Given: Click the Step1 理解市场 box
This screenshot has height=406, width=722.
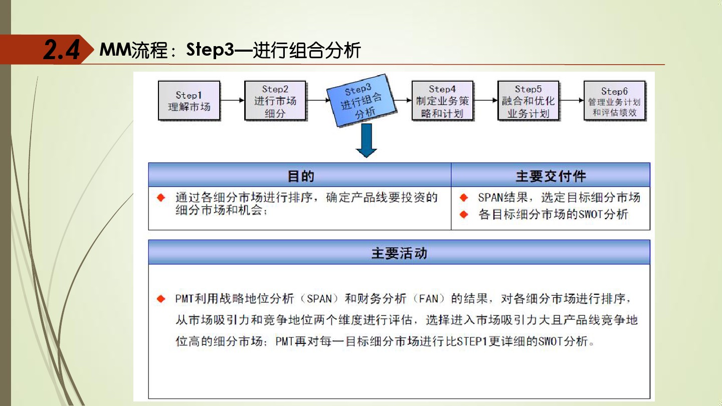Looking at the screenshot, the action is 189,101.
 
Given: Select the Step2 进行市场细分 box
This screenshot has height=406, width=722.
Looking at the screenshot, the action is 275,101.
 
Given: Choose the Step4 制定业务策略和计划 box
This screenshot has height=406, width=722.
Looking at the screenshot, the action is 442,101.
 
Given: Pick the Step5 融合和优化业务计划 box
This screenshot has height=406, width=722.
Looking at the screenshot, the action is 528,101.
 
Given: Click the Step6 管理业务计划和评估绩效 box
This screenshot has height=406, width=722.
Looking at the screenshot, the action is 614,101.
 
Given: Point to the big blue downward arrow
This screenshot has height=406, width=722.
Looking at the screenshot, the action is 367,141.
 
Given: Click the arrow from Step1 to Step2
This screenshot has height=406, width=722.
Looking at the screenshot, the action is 232,100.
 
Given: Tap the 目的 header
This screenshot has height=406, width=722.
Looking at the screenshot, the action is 300,176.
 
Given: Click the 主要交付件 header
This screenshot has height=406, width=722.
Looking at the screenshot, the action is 551,176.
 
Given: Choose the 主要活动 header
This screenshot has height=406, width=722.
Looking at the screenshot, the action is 399,253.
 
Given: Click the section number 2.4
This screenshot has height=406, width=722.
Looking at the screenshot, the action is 61,50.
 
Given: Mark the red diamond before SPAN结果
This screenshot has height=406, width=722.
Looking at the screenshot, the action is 464,197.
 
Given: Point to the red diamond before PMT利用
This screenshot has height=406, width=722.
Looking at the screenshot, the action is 161,299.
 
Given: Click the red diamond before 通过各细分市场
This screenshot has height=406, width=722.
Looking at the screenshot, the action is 161,197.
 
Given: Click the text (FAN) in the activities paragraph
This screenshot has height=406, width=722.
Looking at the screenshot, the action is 429,299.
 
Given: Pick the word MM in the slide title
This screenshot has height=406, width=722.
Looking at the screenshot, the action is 115,50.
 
